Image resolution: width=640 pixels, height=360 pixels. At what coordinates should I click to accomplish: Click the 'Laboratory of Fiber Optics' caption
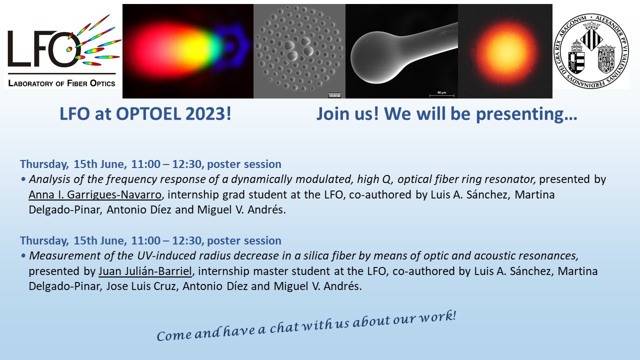61,83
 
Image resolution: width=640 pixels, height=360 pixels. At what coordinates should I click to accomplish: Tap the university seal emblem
591,51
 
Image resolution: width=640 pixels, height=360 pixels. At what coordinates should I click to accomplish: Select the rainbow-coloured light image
188,51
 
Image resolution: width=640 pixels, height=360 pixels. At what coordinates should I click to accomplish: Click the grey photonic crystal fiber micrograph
299,51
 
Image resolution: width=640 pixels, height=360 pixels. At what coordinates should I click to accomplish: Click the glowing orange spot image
505,51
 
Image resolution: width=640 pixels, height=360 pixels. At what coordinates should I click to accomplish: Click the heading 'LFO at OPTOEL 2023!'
145,113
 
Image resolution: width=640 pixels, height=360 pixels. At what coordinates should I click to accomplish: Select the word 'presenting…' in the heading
526,114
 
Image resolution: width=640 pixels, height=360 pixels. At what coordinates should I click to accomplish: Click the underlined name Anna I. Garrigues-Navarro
95,194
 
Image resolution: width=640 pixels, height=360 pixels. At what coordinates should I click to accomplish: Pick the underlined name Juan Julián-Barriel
145,271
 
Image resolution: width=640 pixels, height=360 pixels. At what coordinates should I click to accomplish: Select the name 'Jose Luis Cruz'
141,286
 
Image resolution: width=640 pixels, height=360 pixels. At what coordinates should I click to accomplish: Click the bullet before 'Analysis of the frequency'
23,179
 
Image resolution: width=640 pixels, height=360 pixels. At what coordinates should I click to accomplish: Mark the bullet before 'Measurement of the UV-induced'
23,255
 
